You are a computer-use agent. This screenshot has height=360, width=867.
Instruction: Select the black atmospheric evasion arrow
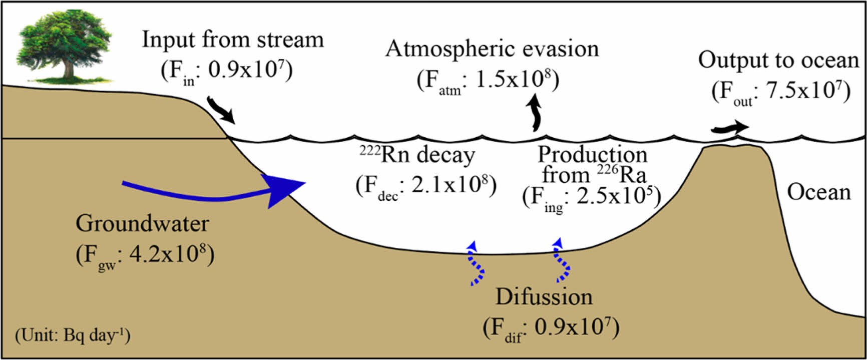pos(536,113)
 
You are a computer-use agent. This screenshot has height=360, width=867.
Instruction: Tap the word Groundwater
pos(142,223)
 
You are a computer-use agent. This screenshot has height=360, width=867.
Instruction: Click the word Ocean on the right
pos(819,192)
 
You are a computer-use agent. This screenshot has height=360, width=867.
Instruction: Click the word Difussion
pos(544,297)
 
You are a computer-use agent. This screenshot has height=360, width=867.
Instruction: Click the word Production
pos(593,155)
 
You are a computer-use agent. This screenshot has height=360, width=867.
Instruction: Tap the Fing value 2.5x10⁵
pos(615,196)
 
